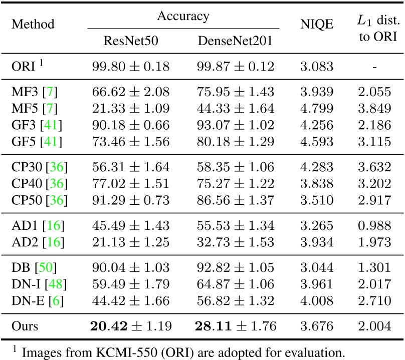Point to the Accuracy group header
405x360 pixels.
pos(183,16)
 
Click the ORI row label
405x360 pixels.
pos(25,66)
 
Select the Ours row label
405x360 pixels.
pos(25,327)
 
